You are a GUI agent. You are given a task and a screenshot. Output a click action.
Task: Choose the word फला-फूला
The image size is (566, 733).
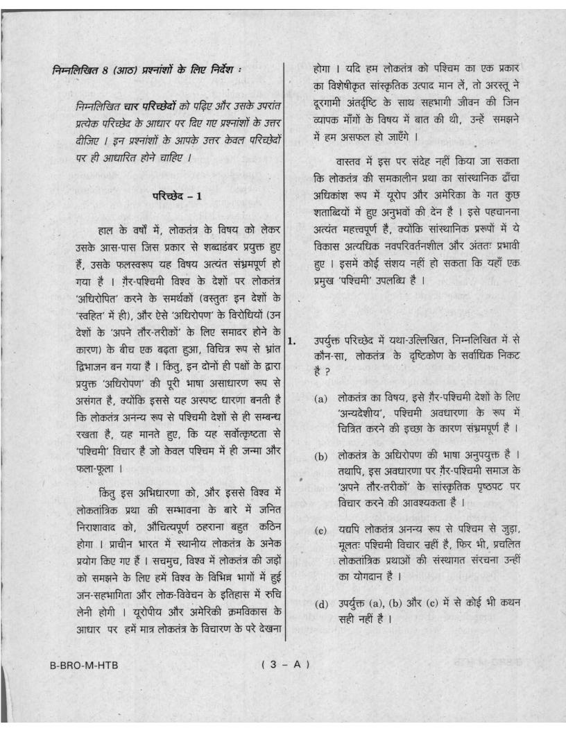pos(76,459)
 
